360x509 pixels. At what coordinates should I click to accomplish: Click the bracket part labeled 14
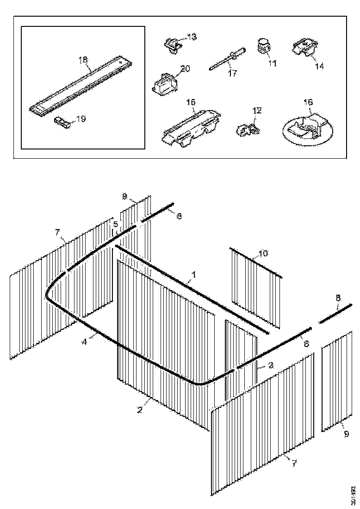[x=304, y=48]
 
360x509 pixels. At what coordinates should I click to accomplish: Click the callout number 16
[x=308, y=101]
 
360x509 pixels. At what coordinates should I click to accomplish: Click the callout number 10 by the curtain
[x=263, y=254]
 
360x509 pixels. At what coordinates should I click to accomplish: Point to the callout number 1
[x=194, y=274]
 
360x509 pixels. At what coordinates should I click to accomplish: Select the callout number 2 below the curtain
[x=140, y=410]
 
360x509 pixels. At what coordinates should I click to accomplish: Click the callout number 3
[x=271, y=365]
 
